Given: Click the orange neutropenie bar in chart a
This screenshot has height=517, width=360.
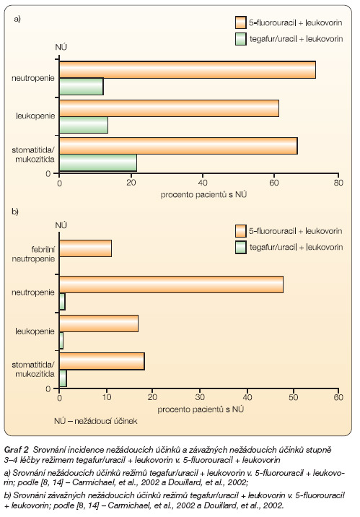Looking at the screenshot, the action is (x=188, y=70).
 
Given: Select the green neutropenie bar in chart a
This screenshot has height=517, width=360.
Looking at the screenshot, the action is (x=82, y=87).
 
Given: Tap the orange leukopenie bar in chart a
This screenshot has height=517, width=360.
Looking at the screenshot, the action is (x=169, y=108).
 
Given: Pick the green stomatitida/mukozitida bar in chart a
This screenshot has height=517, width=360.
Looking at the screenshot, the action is (x=98, y=163).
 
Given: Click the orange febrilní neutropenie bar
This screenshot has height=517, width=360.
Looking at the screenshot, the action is (x=85, y=248).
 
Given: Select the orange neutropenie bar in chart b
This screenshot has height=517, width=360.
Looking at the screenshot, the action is (x=171, y=284).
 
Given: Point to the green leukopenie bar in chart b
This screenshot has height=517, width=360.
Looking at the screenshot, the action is (x=61, y=340).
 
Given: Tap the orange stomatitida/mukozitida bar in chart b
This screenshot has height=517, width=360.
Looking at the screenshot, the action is (x=102, y=361).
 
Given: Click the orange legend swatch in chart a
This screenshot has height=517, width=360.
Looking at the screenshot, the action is (x=241, y=22).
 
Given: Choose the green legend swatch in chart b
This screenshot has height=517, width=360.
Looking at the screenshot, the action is (x=241, y=247).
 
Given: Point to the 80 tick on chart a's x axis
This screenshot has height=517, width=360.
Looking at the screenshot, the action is (x=338, y=183).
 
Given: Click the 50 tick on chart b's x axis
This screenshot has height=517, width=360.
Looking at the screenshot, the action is (x=293, y=397).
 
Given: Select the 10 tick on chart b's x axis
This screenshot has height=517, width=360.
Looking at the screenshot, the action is (x=106, y=397).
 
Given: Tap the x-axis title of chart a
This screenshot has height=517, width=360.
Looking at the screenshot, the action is (x=203, y=194).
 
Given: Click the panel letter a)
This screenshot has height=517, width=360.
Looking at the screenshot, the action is (x=17, y=19).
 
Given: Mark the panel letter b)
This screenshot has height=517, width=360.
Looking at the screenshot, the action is (x=15, y=212).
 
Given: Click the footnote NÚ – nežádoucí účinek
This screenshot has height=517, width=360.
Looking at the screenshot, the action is (x=95, y=421).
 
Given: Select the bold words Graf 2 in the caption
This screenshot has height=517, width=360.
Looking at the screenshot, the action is (x=16, y=449).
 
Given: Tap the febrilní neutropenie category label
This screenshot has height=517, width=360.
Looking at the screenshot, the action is (x=33, y=254).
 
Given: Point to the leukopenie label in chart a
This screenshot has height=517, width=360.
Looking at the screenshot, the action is (x=35, y=116).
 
